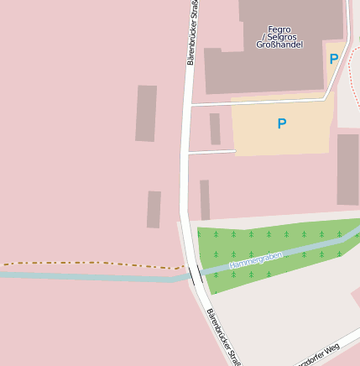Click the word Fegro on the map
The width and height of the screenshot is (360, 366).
click(x=279, y=29)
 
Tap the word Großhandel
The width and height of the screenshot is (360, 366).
click(x=279, y=44)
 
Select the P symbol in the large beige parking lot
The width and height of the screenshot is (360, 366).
click(x=282, y=124)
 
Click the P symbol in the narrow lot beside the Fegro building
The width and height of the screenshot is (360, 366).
click(x=334, y=60)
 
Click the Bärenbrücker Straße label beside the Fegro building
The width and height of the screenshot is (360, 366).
click(x=193, y=34)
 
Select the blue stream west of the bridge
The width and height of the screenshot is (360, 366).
click(x=84, y=275)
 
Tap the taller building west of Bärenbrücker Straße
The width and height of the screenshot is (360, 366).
click(x=146, y=113)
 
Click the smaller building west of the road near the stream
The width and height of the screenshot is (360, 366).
click(x=154, y=209)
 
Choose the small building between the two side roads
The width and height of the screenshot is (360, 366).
click(x=215, y=128)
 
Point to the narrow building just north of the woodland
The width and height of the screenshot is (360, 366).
click(x=205, y=200)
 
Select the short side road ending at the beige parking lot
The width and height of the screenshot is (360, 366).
click(x=211, y=152)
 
